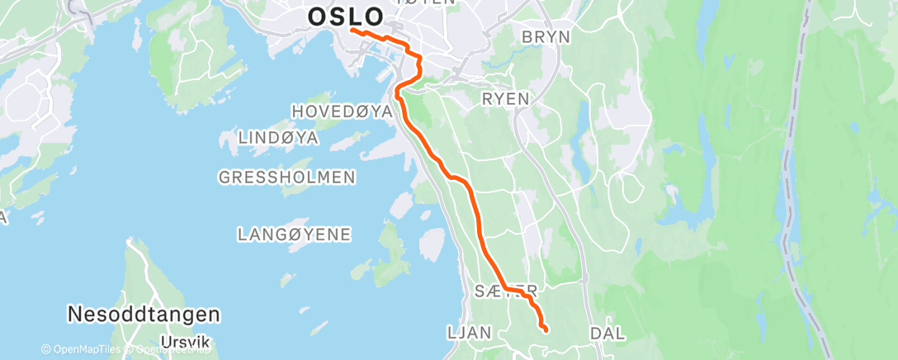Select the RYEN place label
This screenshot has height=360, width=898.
[505, 98]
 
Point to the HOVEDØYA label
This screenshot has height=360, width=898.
[341, 111]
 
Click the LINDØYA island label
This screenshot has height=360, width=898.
[277, 138]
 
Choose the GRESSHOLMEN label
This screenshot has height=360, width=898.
[287, 177]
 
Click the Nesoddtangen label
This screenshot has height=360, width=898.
[144, 315]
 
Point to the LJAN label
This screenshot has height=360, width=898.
[469, 333]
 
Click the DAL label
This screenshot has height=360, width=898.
[607, 333]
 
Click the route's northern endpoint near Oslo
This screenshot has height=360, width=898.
[352, 31]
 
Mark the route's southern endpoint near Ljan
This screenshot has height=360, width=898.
[546, 329]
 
